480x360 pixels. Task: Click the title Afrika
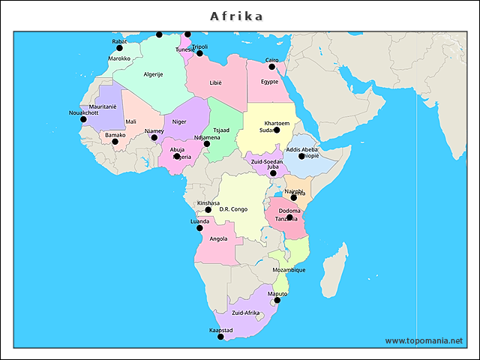236,16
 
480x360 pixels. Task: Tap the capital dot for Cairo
272,67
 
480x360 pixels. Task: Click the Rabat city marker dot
119,48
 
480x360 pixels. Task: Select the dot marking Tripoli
199,53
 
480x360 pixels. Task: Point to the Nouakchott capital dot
83,119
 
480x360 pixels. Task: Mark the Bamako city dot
115,142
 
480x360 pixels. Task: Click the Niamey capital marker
154,138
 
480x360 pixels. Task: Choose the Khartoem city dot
277,130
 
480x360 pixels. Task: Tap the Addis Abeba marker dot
301,156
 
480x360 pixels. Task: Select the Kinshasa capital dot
208,210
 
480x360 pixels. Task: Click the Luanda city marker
199,228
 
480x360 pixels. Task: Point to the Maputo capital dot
277,301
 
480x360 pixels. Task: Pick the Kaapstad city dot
220,337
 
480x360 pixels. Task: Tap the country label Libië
216,82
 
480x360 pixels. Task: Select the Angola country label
219,239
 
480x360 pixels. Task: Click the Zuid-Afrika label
245,313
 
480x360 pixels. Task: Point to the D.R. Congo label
233,209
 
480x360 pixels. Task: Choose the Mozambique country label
288,270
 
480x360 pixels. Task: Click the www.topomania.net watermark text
424,340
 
